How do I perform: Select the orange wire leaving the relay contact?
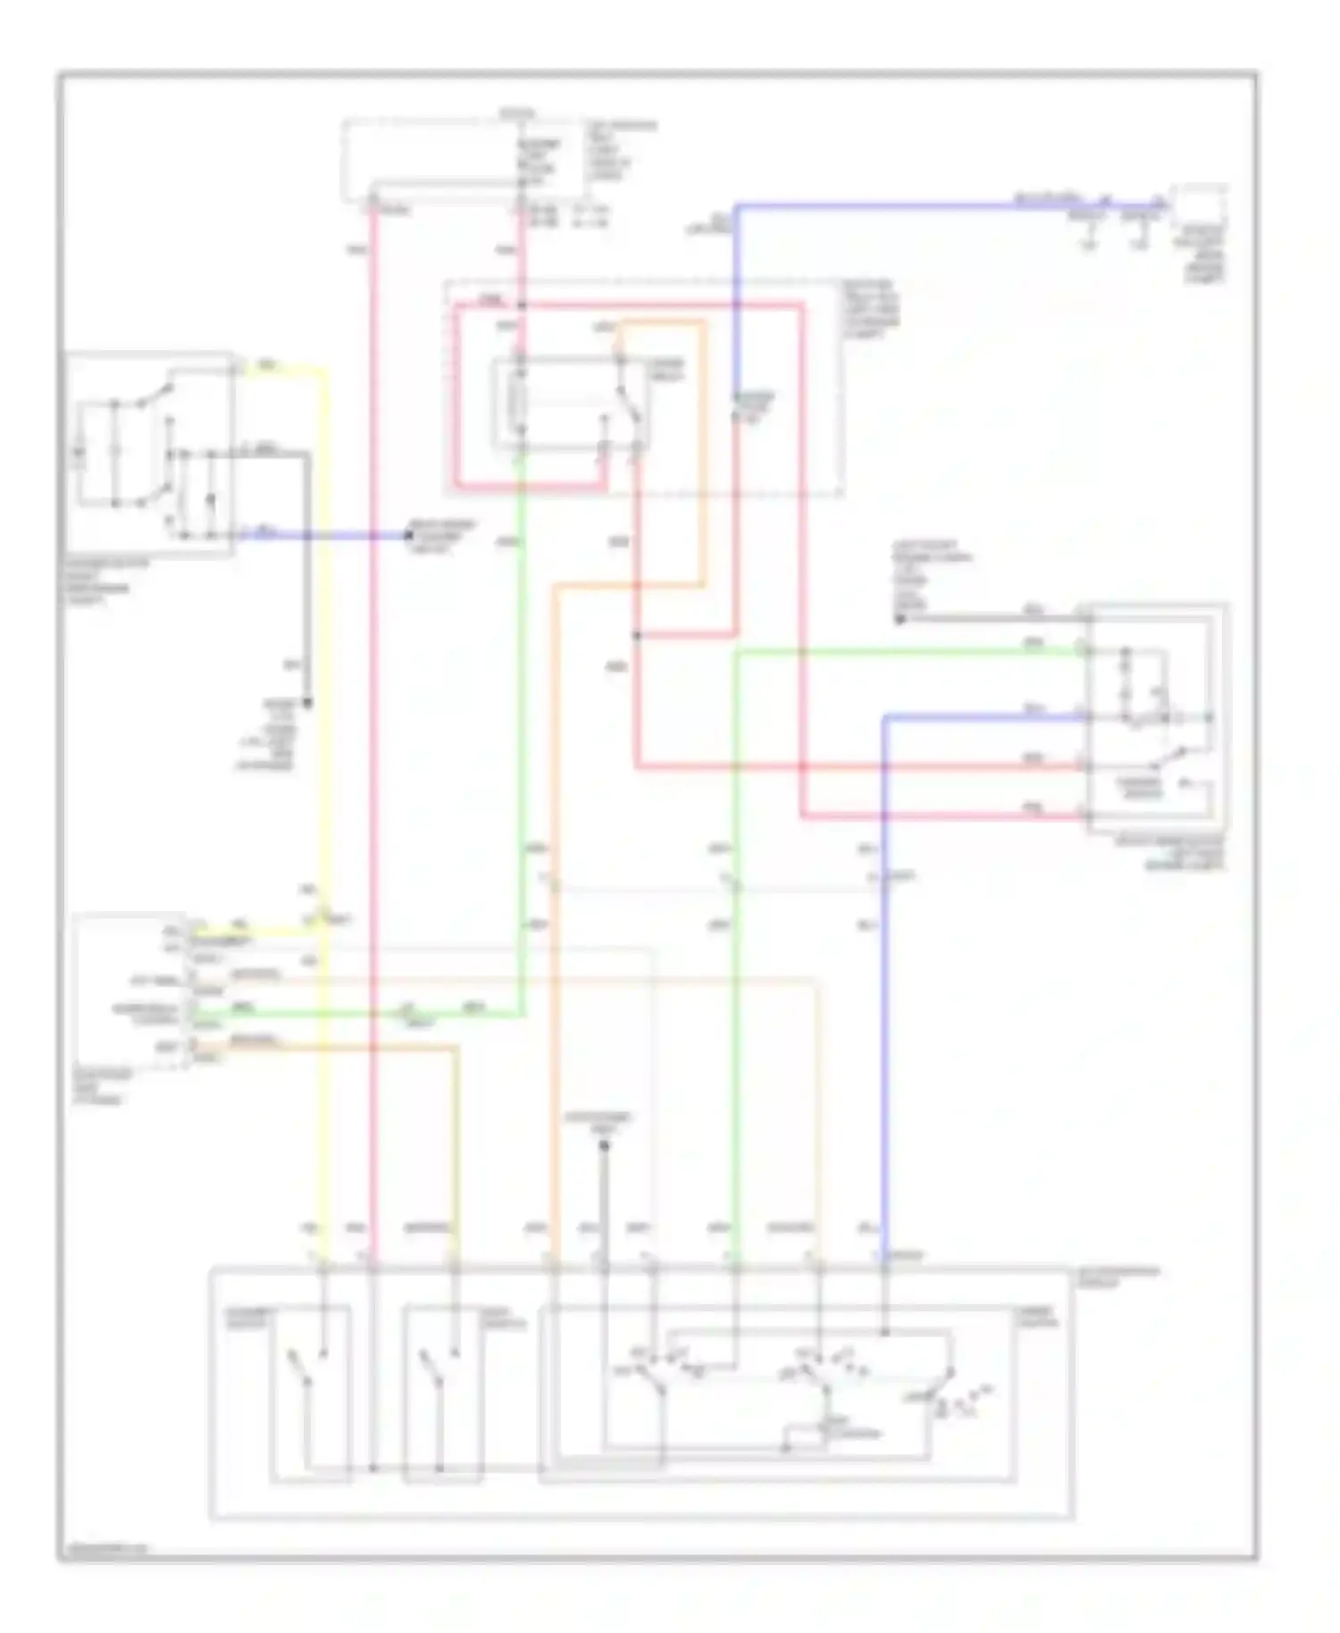tap(703, 447)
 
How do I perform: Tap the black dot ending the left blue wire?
tap(408, 535)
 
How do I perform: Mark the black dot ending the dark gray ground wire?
tap(308, 702)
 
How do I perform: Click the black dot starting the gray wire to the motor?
tap(900, 618)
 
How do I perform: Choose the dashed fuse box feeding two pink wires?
tap(465, 157)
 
